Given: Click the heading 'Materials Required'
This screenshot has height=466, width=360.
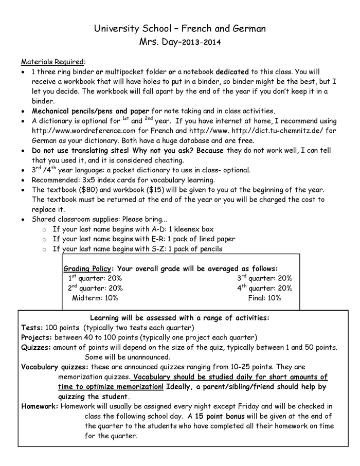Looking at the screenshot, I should click(x=53, y=62).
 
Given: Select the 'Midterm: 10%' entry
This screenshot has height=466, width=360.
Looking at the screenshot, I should click(x=95, y=298).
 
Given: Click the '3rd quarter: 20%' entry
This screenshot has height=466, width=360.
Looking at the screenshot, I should click(x=264, y=278).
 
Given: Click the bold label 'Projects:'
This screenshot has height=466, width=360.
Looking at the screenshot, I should click(x=37, y=337).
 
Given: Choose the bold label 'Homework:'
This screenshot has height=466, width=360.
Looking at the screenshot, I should click(x=40, y=406).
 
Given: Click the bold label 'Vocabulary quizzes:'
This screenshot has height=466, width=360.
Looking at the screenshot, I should click(x=55, y=367).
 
